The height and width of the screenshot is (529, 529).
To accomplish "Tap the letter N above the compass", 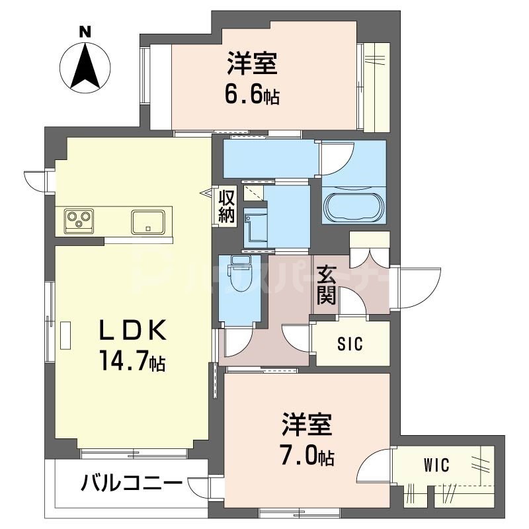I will click(85, 31).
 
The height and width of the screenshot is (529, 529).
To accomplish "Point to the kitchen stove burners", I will click(79, 220).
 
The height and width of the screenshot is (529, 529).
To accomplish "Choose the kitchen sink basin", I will click(151, 220).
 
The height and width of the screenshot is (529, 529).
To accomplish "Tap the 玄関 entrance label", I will click(326, 285).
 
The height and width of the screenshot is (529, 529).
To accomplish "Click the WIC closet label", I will click(436, 466).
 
